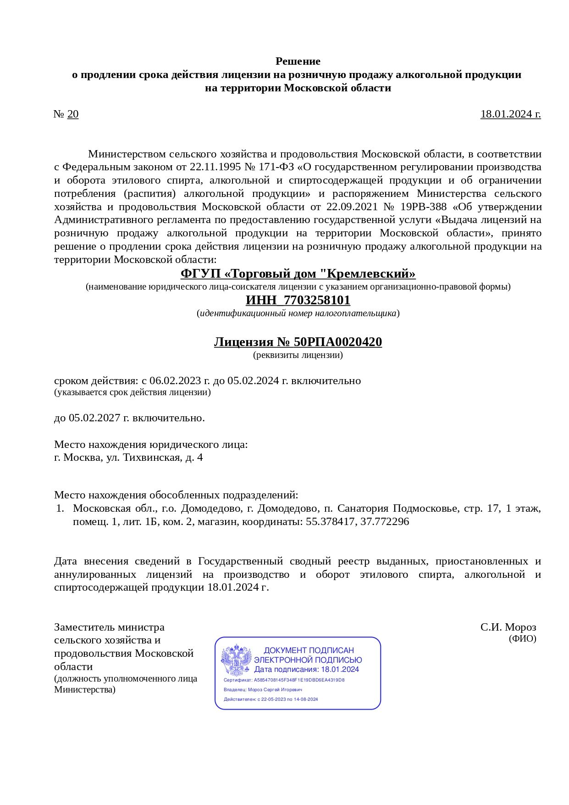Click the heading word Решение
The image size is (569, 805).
tap(298, 61)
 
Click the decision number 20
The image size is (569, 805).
tap(73, 114)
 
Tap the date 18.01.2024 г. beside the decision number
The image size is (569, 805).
tap(510, 114)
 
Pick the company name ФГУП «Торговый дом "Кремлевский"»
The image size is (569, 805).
tap(298, 274)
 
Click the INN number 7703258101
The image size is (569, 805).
tap(317, 301)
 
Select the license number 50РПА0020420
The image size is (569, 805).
tap(337, 342)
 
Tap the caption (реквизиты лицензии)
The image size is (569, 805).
tap(298, 355)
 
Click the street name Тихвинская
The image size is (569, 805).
tap(151, 458)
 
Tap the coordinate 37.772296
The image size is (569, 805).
tap(385, 522)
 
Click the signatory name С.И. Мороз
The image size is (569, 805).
tap(508, 627)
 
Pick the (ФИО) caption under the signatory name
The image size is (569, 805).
tap(522, 638)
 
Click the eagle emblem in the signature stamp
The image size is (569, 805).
tap(236, 660)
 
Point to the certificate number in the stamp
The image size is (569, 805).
tap(299, 680)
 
